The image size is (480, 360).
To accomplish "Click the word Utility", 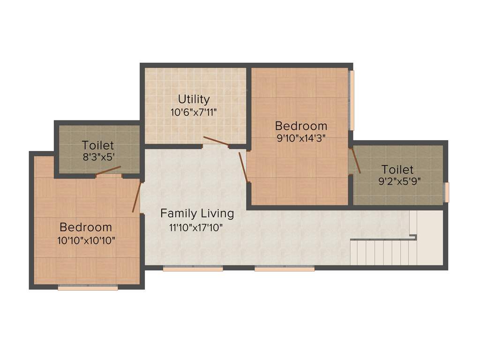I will [194, 99].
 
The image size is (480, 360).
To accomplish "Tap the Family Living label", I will [197, 214].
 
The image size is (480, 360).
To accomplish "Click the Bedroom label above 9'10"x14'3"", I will [301, 126].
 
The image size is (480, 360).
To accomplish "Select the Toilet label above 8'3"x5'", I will [97, 145].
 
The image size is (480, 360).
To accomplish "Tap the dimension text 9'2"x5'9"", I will [397, 181].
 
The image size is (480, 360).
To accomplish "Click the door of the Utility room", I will [216, 141].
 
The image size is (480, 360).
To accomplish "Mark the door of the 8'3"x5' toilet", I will [109, 171].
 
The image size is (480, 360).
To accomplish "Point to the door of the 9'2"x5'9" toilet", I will [355, 161].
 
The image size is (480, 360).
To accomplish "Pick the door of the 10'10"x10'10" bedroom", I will [136, 197].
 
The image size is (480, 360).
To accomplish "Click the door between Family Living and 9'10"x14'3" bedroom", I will [243, 166].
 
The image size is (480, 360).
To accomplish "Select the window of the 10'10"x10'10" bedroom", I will [88, 288].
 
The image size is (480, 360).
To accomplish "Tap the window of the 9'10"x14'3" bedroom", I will [352, 100].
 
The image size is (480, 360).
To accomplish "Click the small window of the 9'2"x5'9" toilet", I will [447, 192].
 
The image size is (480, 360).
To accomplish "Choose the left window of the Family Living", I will [193, 269].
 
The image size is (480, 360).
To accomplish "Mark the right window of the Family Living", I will [285, 269].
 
